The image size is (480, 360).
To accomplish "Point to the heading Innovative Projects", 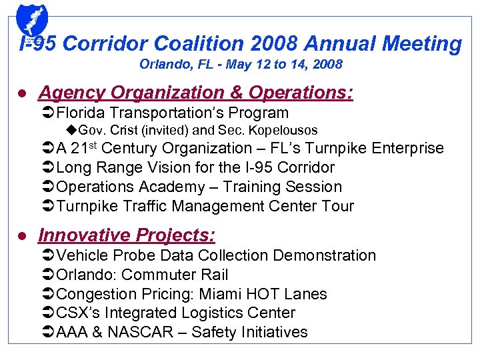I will click(x=127, y=235).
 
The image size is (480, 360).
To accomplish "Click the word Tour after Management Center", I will click(x=337, y=206).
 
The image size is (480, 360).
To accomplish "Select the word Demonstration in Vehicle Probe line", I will click(x=323, y=255).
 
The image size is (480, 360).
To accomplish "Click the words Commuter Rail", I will click(x=175, y=275).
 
